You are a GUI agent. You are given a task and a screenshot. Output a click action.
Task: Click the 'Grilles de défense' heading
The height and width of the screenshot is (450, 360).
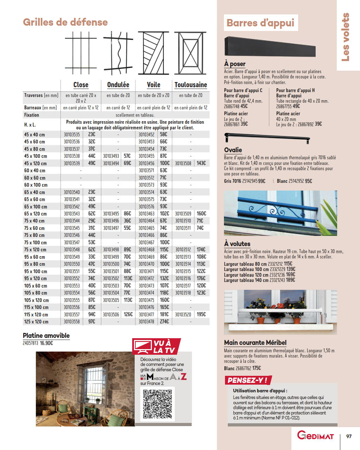65,22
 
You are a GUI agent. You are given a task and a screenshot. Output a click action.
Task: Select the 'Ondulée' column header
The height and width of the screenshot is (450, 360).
118,85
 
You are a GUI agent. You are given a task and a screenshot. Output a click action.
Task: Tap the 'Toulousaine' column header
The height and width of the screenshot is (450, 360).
191,85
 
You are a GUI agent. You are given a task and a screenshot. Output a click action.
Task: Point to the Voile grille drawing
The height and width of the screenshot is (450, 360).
153,53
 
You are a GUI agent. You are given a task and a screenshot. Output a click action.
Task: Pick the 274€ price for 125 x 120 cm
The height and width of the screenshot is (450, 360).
164,322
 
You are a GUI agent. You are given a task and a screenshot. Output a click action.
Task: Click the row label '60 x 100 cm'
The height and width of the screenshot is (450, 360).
36,185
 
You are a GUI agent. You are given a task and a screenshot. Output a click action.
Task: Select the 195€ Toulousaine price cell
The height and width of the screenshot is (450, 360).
201,315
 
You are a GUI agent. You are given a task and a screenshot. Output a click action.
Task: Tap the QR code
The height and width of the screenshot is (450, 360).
158,404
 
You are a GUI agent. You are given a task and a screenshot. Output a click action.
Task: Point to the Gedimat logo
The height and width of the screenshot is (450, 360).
315,436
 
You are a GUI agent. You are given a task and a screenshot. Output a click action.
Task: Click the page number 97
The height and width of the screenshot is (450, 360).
349,436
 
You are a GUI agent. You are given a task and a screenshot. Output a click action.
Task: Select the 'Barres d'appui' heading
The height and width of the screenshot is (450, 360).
260,23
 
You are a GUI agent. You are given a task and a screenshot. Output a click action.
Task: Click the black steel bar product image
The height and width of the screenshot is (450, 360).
270,46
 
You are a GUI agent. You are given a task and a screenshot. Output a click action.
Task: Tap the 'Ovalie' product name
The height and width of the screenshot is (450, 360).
233,150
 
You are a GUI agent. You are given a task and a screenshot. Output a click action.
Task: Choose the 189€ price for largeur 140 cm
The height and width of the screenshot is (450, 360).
290,280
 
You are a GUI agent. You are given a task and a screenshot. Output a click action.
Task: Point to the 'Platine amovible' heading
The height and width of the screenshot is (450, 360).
46,336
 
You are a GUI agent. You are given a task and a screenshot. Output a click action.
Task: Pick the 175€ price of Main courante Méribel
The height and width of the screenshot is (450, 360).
256,368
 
